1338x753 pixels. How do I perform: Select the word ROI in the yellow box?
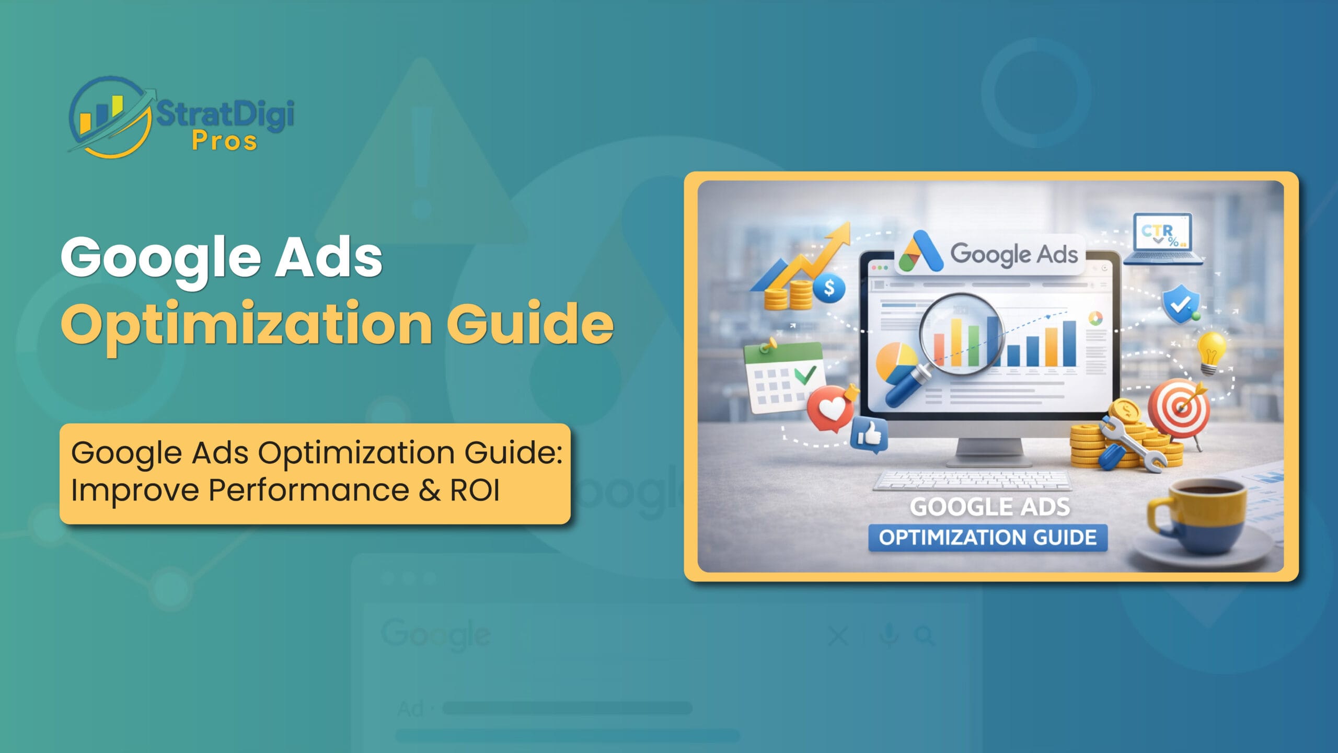point(475,490)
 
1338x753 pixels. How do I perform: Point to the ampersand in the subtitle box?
point(430,490)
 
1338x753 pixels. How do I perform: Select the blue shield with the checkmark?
point(1180,304)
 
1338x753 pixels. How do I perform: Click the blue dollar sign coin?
point(829,288)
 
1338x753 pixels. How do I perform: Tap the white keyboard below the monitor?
point(972,480)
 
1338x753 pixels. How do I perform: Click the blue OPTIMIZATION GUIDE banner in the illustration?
point(987,538)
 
